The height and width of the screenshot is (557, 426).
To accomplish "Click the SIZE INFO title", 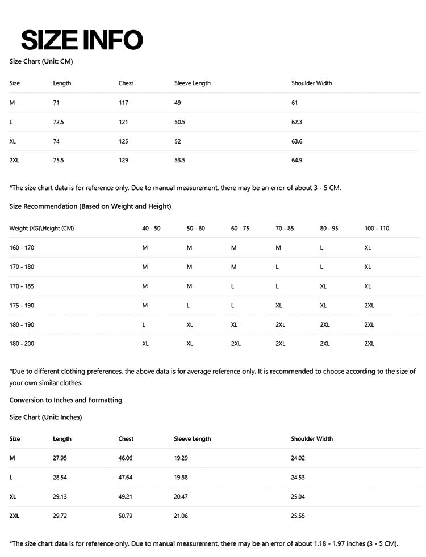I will [82, 40].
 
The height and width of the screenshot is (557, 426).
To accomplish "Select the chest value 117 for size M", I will [123, 103].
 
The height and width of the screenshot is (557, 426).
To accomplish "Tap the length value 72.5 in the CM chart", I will [59, 122].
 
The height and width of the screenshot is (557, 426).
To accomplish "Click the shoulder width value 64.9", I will [296, 161].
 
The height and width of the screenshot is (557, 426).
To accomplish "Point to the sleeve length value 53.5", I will [179, 161].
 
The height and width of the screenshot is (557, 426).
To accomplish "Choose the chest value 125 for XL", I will [123, 141].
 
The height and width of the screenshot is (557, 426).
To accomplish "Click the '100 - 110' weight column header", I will [377, 228].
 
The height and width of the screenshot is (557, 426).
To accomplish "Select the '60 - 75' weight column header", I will [240, 228].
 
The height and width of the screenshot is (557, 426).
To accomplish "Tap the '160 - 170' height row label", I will [22, 248].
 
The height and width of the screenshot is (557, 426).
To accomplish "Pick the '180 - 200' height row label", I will [22, 344].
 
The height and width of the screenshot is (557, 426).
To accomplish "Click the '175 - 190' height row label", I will [22, 305].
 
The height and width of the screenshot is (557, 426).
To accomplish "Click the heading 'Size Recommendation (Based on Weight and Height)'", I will [90, 206].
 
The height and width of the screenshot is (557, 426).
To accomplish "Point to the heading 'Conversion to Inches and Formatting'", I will [66, 400].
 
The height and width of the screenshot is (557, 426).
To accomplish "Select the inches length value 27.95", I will [60, 458].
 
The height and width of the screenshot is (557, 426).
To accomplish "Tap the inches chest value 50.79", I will [126, 516].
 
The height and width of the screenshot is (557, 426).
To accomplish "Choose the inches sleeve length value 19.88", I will [181, 478].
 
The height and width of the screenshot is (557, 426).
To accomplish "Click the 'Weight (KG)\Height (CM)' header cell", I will [41, 228].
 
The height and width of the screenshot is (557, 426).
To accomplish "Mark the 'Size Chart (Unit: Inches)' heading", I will [45, 417].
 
